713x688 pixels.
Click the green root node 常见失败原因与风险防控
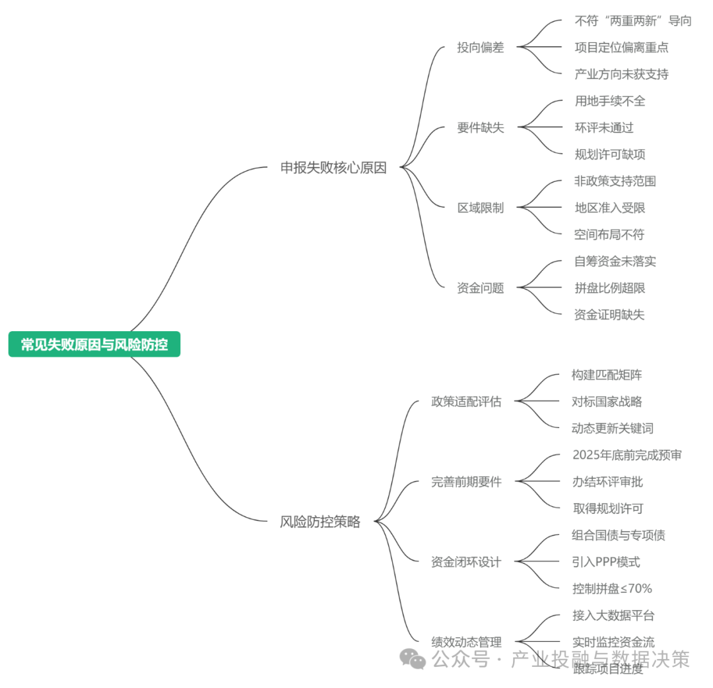pyautogui.click(x=94, y=344)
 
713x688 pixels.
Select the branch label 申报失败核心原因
pyautogui.click(x=333, y=168)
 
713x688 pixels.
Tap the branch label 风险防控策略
pyautogui.click(x=320, y=522)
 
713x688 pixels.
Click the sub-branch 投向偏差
pyautogui.click(x=481, y=47)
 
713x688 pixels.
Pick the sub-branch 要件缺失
pyautogui.click(x=481, y=128)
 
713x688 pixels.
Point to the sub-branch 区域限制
pyautogui.click(x=481, y=208)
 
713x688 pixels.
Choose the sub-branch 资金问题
pyautogui.click(x=481, y=288)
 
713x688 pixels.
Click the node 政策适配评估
pyautogui.click(x=466, y=402)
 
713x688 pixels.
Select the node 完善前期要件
pyautogui.click(x=466, y=482)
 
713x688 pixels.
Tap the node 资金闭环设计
pyautogui.click(x=466, y=562)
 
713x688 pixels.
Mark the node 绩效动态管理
pyautogui.click(x=466, y=642)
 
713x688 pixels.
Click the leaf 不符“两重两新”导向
pyautogui.click(x=633, y=21)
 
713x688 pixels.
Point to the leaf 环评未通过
pyautogui.click(x=604, y=128)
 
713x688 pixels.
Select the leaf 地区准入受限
pyautogui.click(x=610, y=208)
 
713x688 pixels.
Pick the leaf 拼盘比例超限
pyautogui.click(x=610, y=288)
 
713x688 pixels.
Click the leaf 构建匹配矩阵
pyautogui.click(x=607, y=375)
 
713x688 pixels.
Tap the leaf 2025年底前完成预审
pyautogui.click(x=627, y=455)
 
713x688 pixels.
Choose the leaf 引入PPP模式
pyautogui.click(x=606, y=562)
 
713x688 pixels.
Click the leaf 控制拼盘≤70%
pyautogui.click(x=612, y=588)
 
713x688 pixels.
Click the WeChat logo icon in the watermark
pyautogui.click(x=414, y=658)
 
